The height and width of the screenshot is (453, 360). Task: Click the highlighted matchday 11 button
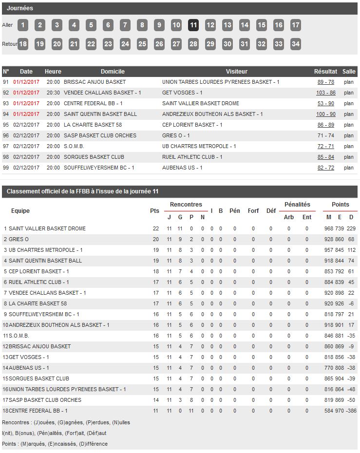tap(193, 25)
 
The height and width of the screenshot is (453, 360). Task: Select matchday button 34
tap(295, 44)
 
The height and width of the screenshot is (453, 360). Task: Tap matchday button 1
tap(23, 25)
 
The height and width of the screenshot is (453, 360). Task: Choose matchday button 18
tap(23, 44)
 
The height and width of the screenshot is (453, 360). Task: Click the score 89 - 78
tap(326, 82)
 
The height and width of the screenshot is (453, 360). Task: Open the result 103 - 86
tap(326, 93)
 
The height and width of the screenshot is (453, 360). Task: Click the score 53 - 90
tap(326, 103)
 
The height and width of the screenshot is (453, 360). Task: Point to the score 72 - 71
tap(326, 146)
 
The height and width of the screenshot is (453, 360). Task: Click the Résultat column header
tap(325, 72)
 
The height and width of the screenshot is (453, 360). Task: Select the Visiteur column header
tap(237, 72)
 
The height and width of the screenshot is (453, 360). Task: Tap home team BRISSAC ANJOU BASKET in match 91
tap(95, 82)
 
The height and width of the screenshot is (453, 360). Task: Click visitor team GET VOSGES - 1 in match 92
tap(182, 93)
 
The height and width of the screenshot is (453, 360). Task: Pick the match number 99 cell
tap(6, 168)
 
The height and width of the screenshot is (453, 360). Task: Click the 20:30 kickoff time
tap(53, 93)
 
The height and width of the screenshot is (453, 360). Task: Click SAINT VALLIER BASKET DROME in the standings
tap(47, 228)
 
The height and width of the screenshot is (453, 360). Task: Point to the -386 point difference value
tap(351, 411)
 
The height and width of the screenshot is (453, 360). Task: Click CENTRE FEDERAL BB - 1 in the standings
tap(38, 411)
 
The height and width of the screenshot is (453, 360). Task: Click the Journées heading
tap(20, 8)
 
